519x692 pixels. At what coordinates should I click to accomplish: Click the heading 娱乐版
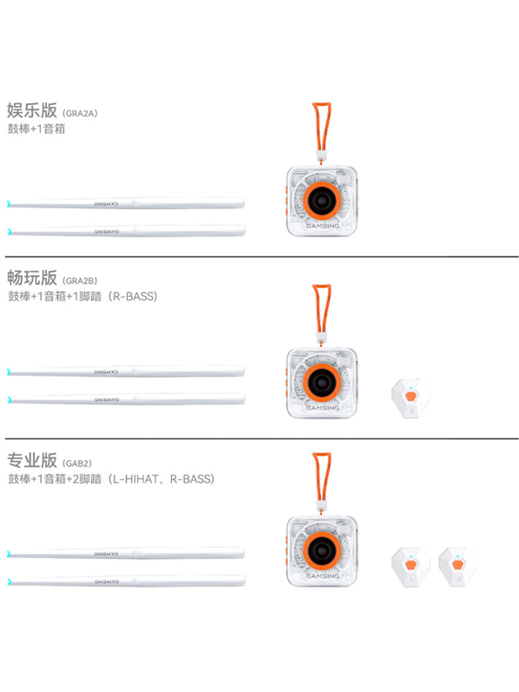[32, 110]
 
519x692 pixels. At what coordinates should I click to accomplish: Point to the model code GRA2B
[80, 281]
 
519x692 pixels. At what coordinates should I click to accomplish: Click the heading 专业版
[32, 459]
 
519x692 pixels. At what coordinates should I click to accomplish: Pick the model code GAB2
[76, 463]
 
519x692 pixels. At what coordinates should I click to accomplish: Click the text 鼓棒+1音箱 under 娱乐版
[36, 129]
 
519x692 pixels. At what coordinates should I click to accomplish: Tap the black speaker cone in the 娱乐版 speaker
[322, 201]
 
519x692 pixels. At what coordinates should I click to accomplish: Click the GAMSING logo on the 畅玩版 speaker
[322, 408]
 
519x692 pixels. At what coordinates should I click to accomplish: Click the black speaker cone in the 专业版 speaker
[322, 551]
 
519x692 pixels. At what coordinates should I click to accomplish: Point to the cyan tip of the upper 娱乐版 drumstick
[9, 204]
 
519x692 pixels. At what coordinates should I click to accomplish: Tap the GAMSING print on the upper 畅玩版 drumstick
[107, 372]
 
